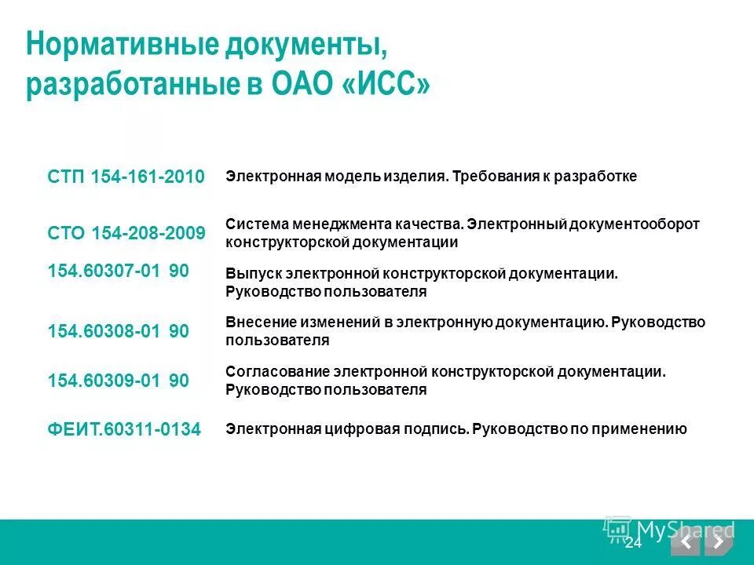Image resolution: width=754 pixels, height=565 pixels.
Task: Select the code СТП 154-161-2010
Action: [x=126, y=177]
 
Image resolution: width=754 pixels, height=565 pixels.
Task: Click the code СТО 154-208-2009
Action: [x=126, y=233]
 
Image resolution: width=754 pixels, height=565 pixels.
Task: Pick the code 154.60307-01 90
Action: [x=118, y=271]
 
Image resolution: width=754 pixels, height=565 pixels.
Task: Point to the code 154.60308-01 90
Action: [x=118, y=331]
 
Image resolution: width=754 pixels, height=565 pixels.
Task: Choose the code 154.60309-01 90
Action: [x=118, y=381]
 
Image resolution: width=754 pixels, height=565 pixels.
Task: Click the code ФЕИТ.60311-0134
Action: [x=124, y=429]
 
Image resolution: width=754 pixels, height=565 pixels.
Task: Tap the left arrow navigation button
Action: [x=686, y=541]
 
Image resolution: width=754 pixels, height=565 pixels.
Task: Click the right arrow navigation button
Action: [x=718, y=541]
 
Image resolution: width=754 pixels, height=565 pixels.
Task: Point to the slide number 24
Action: [x=634, y=543]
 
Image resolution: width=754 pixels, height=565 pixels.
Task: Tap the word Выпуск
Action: [x=247, y=274]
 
